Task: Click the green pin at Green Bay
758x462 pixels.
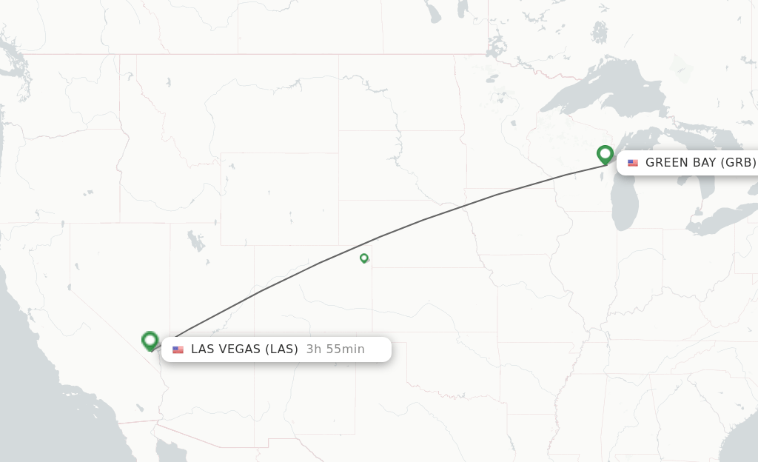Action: pyautogui.click(x=605, y=154)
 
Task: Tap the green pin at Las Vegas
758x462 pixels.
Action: pyautogui.click(x=150, y=341)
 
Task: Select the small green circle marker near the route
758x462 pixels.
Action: pyautogui.click(x=364, y=258)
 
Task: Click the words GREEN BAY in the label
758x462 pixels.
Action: pyautogui.click(x=680, y=163)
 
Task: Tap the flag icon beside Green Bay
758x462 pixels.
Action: pyautogui.click(x=633, y=163)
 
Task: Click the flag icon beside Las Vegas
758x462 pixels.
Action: pyautogui.click(x=178, y=349)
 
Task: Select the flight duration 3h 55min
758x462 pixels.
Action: pyautogui.click(x=335, y=349)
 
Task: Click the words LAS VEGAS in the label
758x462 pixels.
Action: pyautogui.click(x=227, y=349)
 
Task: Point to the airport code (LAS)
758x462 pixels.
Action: pyautogui.click(x=282, y=349)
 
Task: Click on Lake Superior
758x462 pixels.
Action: pyautogui.click(x=607, y=89)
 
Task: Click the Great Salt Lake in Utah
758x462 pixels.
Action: pyautogui.click(x=195, y=241)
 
